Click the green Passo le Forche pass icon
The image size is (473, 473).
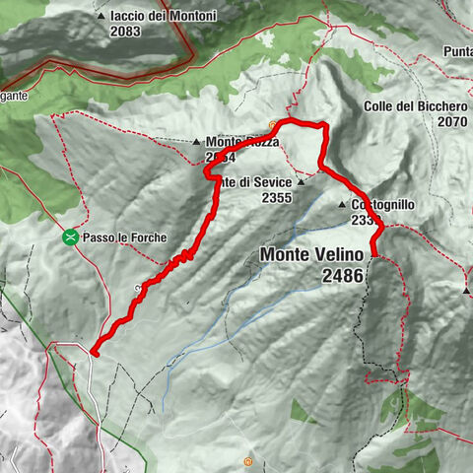[70, 237]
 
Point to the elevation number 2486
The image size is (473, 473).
[342, 277]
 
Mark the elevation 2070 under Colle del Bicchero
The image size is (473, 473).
[447, 121]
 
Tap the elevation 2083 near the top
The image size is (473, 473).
[126, 31]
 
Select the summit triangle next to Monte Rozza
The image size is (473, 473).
[197, 141]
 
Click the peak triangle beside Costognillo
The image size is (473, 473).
[342, 204]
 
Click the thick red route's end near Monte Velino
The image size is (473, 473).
[375, 256]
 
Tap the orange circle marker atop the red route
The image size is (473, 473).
[273, 125]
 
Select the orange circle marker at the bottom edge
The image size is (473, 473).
[248, 461]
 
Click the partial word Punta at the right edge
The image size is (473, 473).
[457, 51]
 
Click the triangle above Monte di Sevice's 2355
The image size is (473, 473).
[300, 182]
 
